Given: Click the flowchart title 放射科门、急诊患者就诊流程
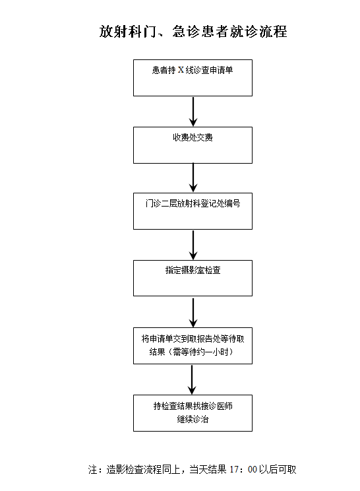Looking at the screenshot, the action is coord(193,32).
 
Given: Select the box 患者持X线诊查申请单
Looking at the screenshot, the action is coord(193,78).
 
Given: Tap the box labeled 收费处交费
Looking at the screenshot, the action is coord(193,145).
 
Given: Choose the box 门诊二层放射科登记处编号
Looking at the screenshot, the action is coord(193,211).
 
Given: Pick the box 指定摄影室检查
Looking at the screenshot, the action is coord(193,278).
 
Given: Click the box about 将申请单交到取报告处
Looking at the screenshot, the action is coord(193,346).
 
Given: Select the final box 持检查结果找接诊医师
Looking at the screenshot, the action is coord(193,413).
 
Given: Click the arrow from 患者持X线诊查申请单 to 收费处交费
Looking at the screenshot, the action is coord(193,112).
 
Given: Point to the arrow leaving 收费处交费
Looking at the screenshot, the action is coord(193,178).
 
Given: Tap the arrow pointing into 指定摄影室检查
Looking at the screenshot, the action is coord(193,245).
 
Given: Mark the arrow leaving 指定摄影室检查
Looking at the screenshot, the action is coord(193,313).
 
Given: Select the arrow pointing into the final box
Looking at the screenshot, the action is coord(192,380).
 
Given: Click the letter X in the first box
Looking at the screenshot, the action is coord(181,70).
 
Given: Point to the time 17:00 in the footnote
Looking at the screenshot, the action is coord(243,469).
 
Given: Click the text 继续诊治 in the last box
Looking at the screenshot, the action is coord(193,419).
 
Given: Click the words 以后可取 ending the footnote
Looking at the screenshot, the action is coord(278,469).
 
